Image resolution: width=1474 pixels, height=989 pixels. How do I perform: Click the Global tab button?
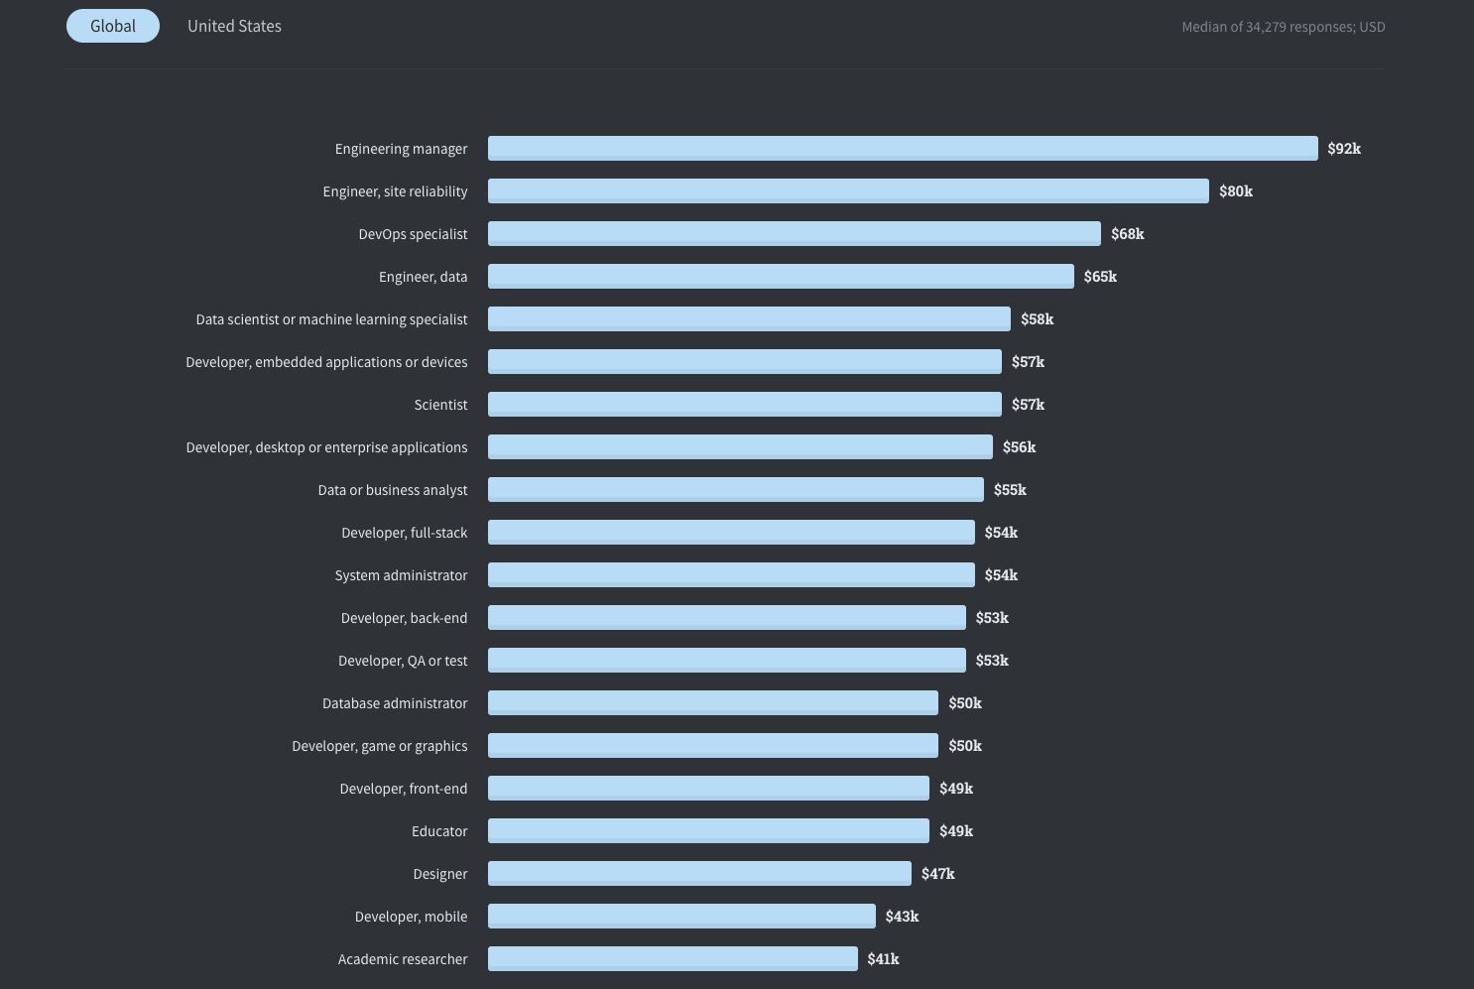tap(113, 26)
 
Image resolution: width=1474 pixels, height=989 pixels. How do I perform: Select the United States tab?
tap(234, 26)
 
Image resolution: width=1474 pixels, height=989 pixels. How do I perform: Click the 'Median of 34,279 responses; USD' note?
tap(1283, 27)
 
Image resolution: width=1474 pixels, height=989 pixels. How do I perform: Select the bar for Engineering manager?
tap(903, 148)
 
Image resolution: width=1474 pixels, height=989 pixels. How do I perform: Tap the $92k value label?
tap(1344, 149)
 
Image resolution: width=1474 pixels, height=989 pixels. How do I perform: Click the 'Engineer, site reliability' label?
tap(395, 191)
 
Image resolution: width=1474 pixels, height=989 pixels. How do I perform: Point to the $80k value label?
tap(1235, 191)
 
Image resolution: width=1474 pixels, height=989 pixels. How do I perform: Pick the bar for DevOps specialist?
tap(794, 233)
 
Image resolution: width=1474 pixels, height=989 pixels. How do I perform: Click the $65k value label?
tap(1100, 277)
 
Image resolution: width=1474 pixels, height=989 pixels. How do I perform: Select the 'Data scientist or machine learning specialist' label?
tap(331, 319)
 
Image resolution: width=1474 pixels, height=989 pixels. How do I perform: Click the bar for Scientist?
tap(744, 404)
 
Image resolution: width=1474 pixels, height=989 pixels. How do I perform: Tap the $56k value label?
tap(1019, 447)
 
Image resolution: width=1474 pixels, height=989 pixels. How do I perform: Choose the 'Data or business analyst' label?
tap(392, 490)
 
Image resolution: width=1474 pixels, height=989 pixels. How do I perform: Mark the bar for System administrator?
tap(731, 574)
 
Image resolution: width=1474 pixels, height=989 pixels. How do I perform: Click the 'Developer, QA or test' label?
tap(403, 661)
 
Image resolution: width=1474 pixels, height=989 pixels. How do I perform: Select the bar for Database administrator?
tap(712, 702)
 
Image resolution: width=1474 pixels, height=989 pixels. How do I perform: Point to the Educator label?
tap(439, 831)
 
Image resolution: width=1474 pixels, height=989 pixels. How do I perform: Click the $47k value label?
tap(937, 874)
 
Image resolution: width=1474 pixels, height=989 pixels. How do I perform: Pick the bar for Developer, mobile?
tap(681, 916)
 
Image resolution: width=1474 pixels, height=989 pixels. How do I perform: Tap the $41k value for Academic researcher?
tap(883, 959)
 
